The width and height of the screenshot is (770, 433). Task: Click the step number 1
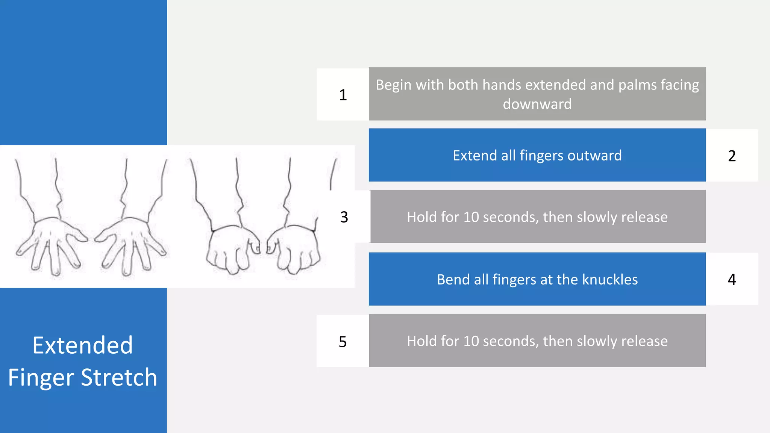[x=343, y=95]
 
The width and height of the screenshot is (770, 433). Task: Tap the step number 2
[x=732, y=156]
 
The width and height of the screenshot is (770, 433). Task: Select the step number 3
[x=344, y=217]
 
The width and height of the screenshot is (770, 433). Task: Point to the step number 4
[x=732, y=279]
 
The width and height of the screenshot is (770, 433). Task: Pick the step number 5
[x=343, y=342]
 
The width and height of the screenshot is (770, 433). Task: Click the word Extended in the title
[x=83, y=345]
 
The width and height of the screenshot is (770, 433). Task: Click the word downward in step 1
[x=537, y=104]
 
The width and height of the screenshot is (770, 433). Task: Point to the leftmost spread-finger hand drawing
[x=51, y=241]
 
